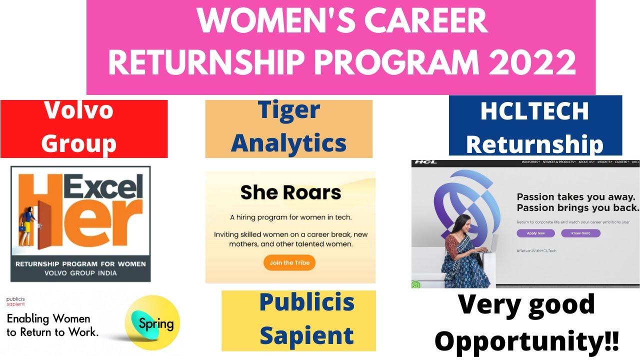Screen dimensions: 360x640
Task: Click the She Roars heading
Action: point(290,192)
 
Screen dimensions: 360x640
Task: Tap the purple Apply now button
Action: point(535,233)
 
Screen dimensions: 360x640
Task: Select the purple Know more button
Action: point(580,233)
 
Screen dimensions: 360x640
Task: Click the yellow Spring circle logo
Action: point(152,322)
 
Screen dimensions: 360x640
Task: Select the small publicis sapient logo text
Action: point(15,301)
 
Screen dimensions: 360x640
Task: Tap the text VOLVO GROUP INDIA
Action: point(80,273)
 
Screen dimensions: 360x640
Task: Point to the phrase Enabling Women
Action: point(48,318)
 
